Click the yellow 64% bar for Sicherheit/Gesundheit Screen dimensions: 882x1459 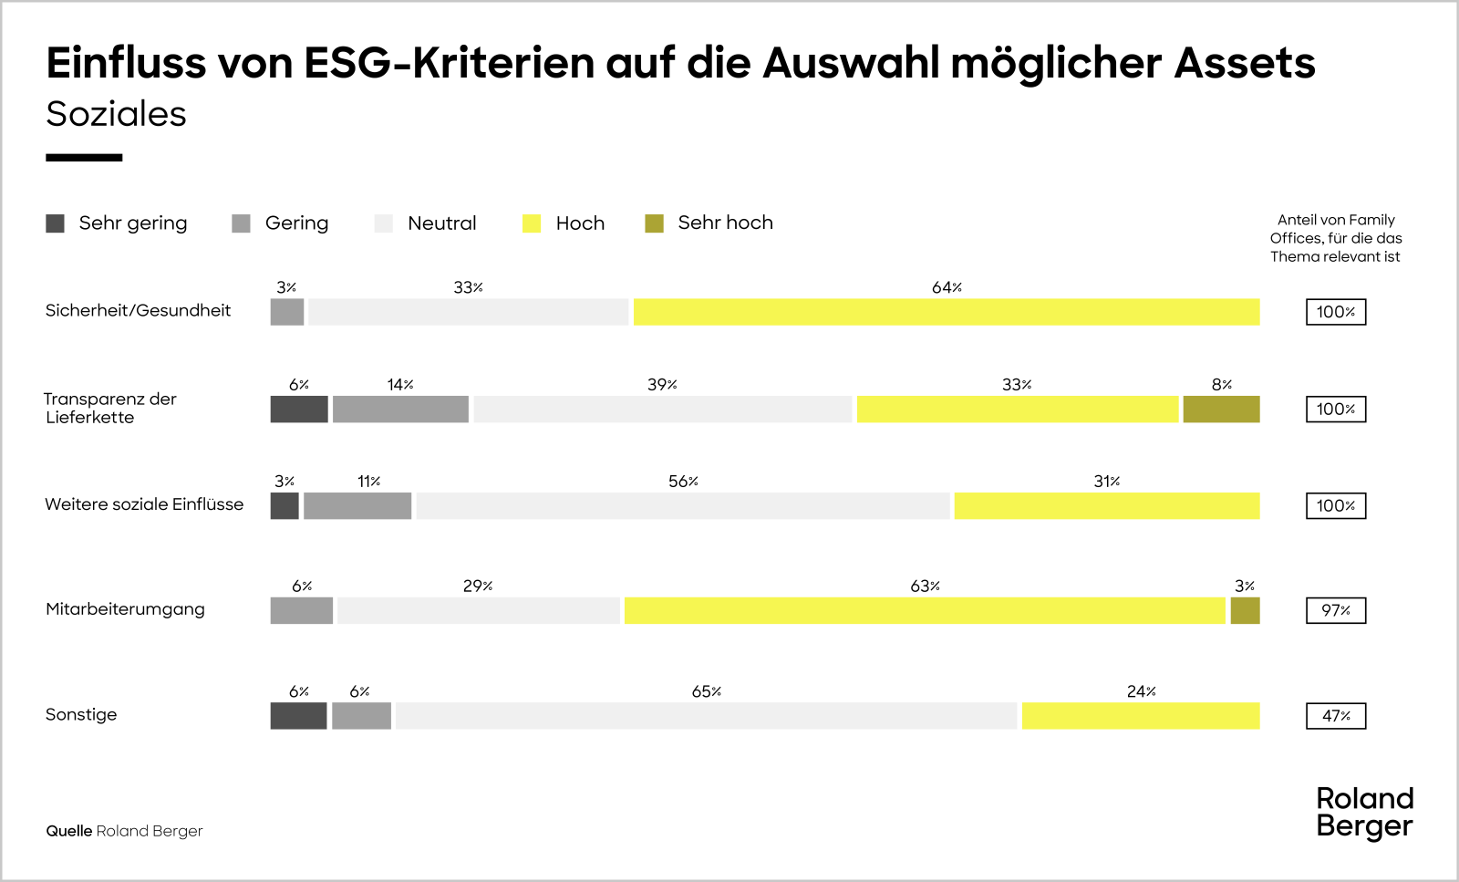click(x=947, y=312)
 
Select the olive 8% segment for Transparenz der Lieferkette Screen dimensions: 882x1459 click(x=1221, y=410)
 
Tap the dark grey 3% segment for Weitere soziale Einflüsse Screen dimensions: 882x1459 click(x=285, y=506)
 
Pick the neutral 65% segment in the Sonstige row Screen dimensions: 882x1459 click(x=706, y=716)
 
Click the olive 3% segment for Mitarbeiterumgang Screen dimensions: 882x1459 click(x=1245, y=611)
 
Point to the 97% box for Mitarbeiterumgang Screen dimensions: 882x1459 click(x=1335, y=611)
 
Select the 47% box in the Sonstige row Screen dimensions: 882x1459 click(x=1335, y=716)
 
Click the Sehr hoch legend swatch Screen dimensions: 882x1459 click(x=654, y=223)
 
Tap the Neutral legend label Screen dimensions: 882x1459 click(x=441, y=223)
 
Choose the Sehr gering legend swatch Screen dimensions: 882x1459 click(x=55, y=223)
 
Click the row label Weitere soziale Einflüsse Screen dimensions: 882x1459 click(x=144, y=504)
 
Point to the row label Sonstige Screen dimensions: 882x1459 click(x=81, y=714)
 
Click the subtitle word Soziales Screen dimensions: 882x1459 click(x=116, y=114)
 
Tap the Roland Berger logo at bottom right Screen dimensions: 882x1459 click(x=1364, y=812)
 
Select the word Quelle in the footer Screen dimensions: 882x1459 click(x=69, y=831)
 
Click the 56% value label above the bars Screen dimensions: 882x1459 click(x=683, y=482)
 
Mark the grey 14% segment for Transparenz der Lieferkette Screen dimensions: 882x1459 click(x=400, y=410)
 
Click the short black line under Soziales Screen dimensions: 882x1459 click(x=84, y=158)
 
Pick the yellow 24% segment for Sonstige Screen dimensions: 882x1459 click(x=1140, y=716)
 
